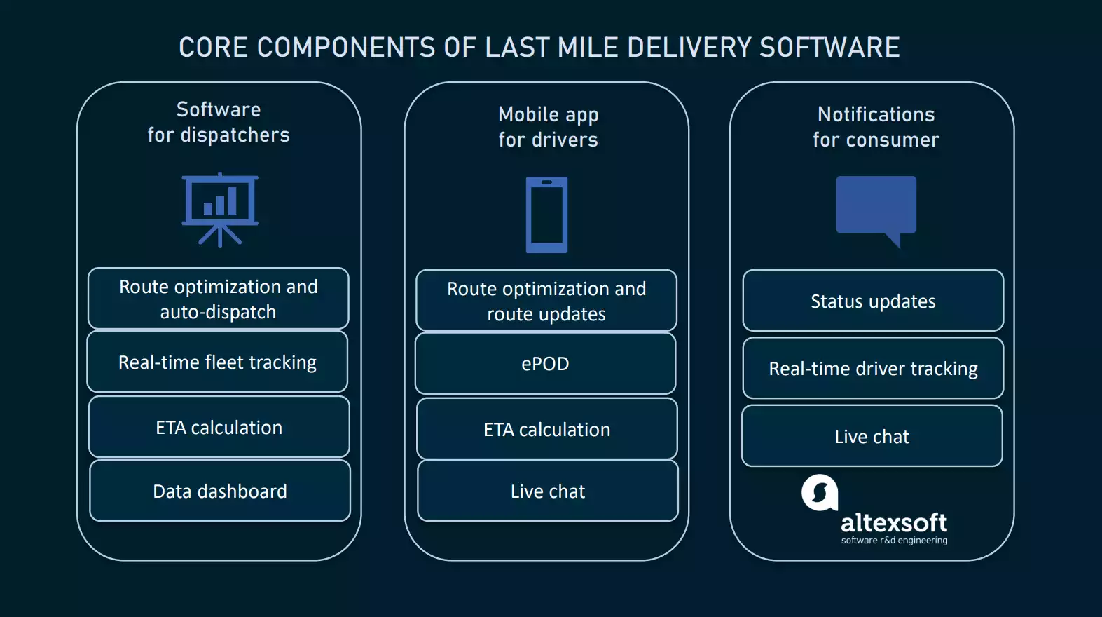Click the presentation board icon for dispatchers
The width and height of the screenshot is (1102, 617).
tap(220, 209)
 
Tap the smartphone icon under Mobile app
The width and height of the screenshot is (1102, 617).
tap(546, 215)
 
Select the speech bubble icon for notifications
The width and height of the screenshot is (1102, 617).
tap(876, 208)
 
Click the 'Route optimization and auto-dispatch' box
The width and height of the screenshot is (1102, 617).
tap(218, 299)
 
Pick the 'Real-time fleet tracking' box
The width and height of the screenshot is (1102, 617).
tap(217, 362)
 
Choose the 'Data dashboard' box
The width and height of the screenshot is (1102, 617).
tap(220, 491)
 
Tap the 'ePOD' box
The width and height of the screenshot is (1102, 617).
tap(545, 363)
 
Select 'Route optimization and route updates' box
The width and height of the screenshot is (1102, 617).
tap(546, 301)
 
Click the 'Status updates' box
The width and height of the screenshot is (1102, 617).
tap(873, 301)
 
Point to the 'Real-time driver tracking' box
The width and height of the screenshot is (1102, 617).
tap(873, 368)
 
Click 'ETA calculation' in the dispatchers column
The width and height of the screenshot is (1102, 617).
tap(219, 427)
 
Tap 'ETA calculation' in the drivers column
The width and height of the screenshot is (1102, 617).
tap(547, 429)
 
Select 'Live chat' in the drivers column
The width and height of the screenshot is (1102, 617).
tap(548, 491)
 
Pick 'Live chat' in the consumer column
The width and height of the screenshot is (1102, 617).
tap(872, 436)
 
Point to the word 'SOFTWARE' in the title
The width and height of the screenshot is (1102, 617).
tap(829, 48)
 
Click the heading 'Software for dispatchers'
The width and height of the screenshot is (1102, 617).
tap(219, 122)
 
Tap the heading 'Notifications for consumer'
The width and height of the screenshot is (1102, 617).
tap(876, 127)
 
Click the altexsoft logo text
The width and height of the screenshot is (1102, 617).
tap(894, 523)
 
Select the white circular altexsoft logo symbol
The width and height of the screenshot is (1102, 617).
tap(820, 493)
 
